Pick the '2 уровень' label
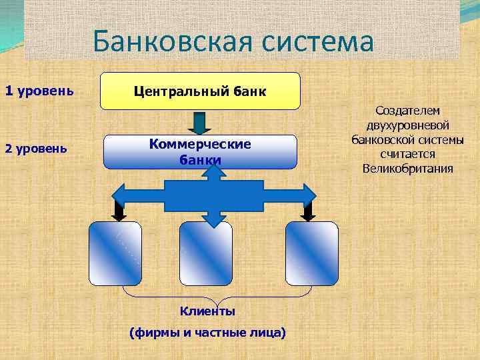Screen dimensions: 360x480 click(x=36, y=148)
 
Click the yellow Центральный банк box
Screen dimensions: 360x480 click(x=200, y=91)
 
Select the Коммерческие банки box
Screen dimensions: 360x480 click(x=200, y=152)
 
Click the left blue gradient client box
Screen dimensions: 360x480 click(x=115, y=252)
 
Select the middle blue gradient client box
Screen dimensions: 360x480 click(x=205, y=252)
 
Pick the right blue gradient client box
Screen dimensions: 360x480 click(x=311, y=252)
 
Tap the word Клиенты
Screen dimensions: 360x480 click(x=207, y=311)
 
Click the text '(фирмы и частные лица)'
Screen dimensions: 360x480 click(x=208, y=331)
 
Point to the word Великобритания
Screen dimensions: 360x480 click(x=407, y=168)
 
